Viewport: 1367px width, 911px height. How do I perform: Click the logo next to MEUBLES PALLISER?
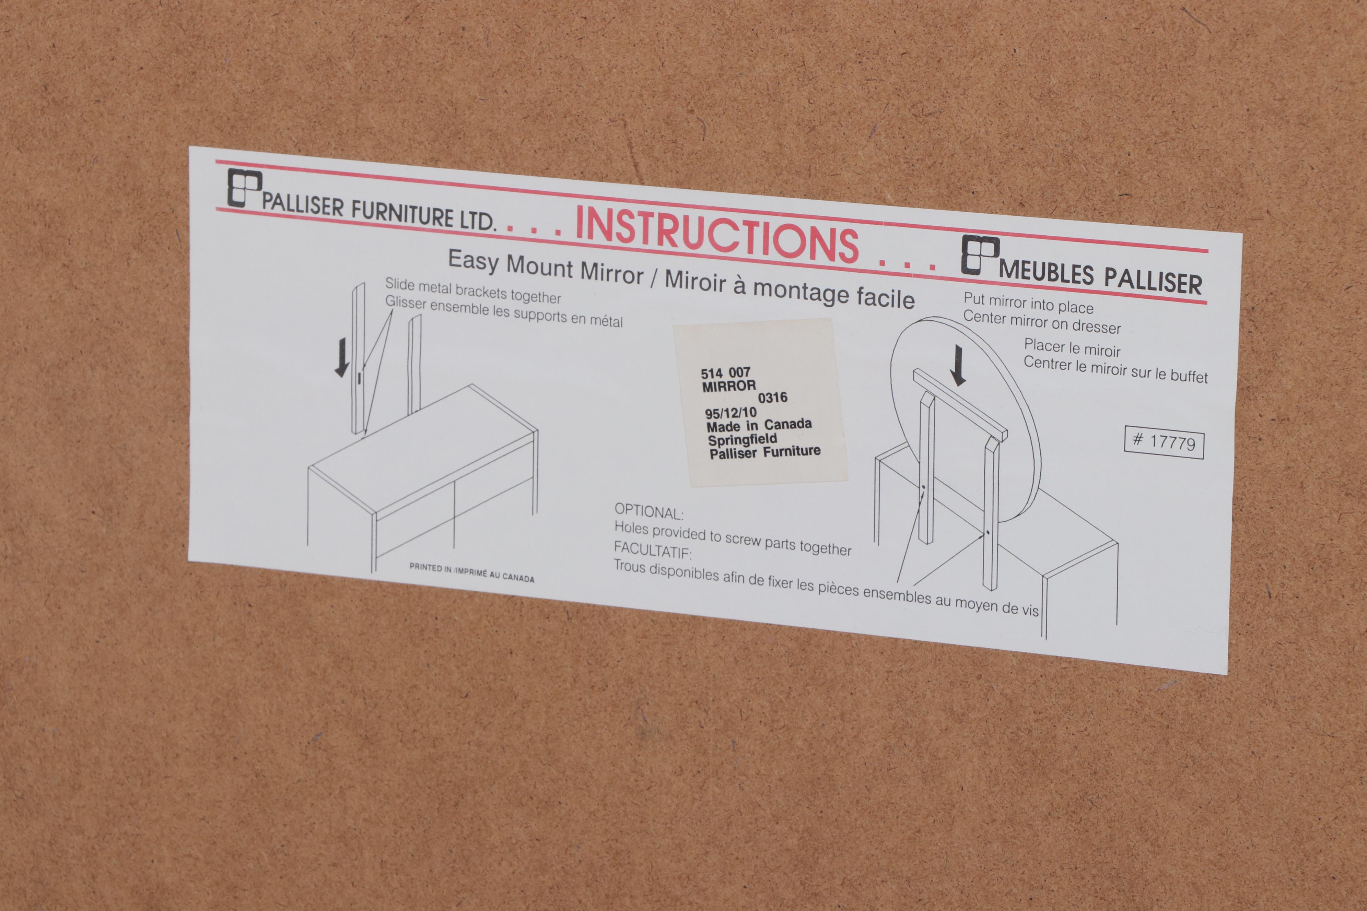click(x=980, y=255)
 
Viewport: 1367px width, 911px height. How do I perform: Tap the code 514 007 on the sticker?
click(x=725, y=372)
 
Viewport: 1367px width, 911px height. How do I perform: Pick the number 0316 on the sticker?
click(x=772, y=398)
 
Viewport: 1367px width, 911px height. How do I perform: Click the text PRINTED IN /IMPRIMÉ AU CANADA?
click(x=471, y=572)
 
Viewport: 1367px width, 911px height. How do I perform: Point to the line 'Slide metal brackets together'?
click(x=472, y=291)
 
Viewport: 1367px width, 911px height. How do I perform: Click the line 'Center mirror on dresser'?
click(x=1041, y=323)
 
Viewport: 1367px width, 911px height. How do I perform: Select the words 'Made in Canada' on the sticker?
click(x=759, y=426)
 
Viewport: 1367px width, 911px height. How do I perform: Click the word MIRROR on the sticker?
click(x=729, y=386)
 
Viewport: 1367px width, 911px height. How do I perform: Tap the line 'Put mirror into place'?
click(x=1028, y=303)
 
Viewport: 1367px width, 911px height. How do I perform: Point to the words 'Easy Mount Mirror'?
click(x=546, y=267)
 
